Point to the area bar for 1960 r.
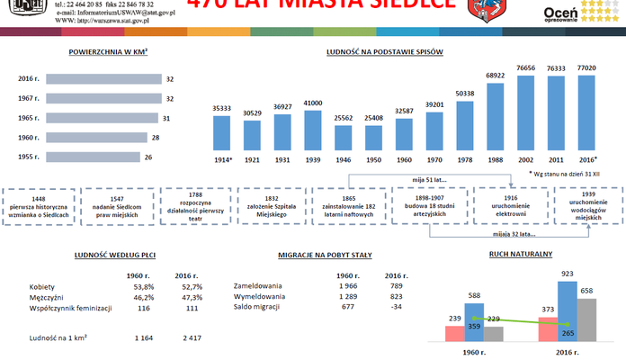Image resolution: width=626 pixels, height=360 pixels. pyautogui.click(x=95, y=138)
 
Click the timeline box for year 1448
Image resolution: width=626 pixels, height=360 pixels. pyautogui.click(x=38, y=203)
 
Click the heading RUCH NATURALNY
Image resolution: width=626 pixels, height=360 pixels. pyautogui.click(x=520, y=255)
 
